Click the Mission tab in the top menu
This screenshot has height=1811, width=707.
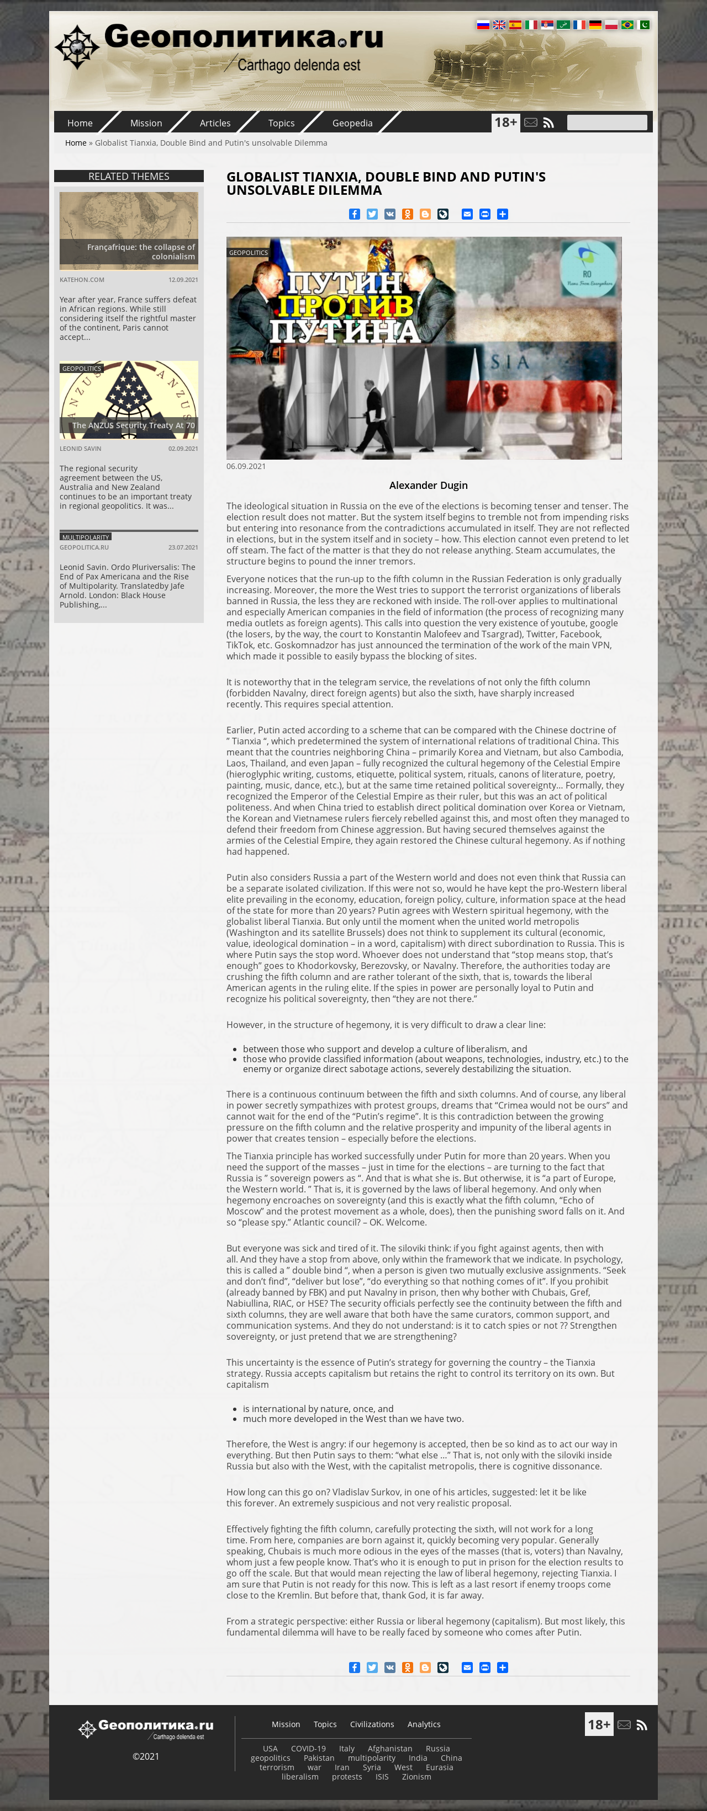pos(146,123)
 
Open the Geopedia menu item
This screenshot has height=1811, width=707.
pos(352,123)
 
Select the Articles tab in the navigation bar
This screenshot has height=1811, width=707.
pos(214,123)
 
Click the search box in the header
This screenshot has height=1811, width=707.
pos(606,122)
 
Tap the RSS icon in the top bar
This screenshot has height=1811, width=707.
pos(548,123)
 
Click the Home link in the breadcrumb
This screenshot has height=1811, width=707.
pos(75,143)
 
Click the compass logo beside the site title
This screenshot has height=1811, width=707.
pos(77,46)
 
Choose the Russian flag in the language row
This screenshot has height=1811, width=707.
pos(483,25)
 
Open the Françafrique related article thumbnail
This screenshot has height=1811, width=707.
pos(129,231)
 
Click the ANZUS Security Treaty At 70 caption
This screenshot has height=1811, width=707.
pos(133,425)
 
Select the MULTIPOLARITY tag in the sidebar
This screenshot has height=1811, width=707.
pos(85,537)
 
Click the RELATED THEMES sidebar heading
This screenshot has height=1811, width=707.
pos(129,177)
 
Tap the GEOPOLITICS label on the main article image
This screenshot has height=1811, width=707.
pos(249,252)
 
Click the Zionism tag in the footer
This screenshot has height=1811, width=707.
pos(416,1777)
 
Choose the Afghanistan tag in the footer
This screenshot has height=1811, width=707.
pos(390,1749)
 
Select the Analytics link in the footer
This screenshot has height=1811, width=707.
pos(424,1724)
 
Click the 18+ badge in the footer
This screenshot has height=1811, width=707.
pos(599,1724)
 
